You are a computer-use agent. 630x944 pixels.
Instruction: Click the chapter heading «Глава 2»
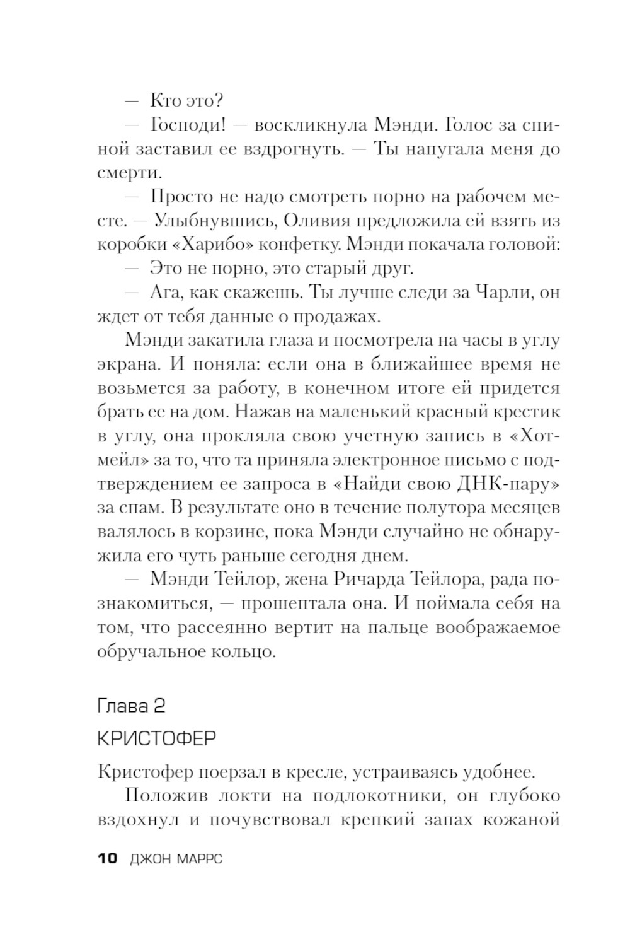click(x=132, y=706)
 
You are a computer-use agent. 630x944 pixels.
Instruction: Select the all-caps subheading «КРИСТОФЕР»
click(x=157, y=738)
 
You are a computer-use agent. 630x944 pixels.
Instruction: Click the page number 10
click(x=108, y=858)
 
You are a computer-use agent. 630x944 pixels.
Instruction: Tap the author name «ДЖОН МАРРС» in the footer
click(x=176, y=858)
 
